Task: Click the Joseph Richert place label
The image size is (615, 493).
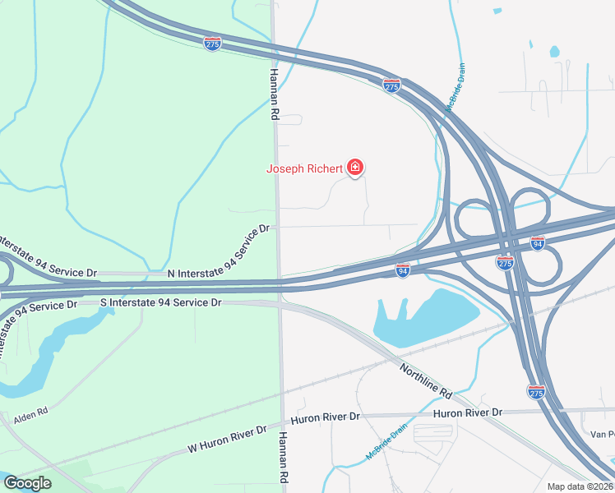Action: tap(303, 169)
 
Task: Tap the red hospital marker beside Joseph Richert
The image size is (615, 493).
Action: tap(355, 168)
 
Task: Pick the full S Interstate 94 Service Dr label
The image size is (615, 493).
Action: tap(161, 302)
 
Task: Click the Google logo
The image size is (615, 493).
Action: tap(27, 483)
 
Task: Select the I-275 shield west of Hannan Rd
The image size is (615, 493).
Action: tap(212, 44)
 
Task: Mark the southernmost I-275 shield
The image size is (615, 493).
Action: tap(536, 392)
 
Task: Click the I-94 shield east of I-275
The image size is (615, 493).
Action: tap(538, 243)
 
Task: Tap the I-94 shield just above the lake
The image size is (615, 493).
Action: tap(402, 270)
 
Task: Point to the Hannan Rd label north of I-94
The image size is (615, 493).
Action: tap(274, 94)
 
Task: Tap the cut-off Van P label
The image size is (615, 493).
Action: tap(603, 433)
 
